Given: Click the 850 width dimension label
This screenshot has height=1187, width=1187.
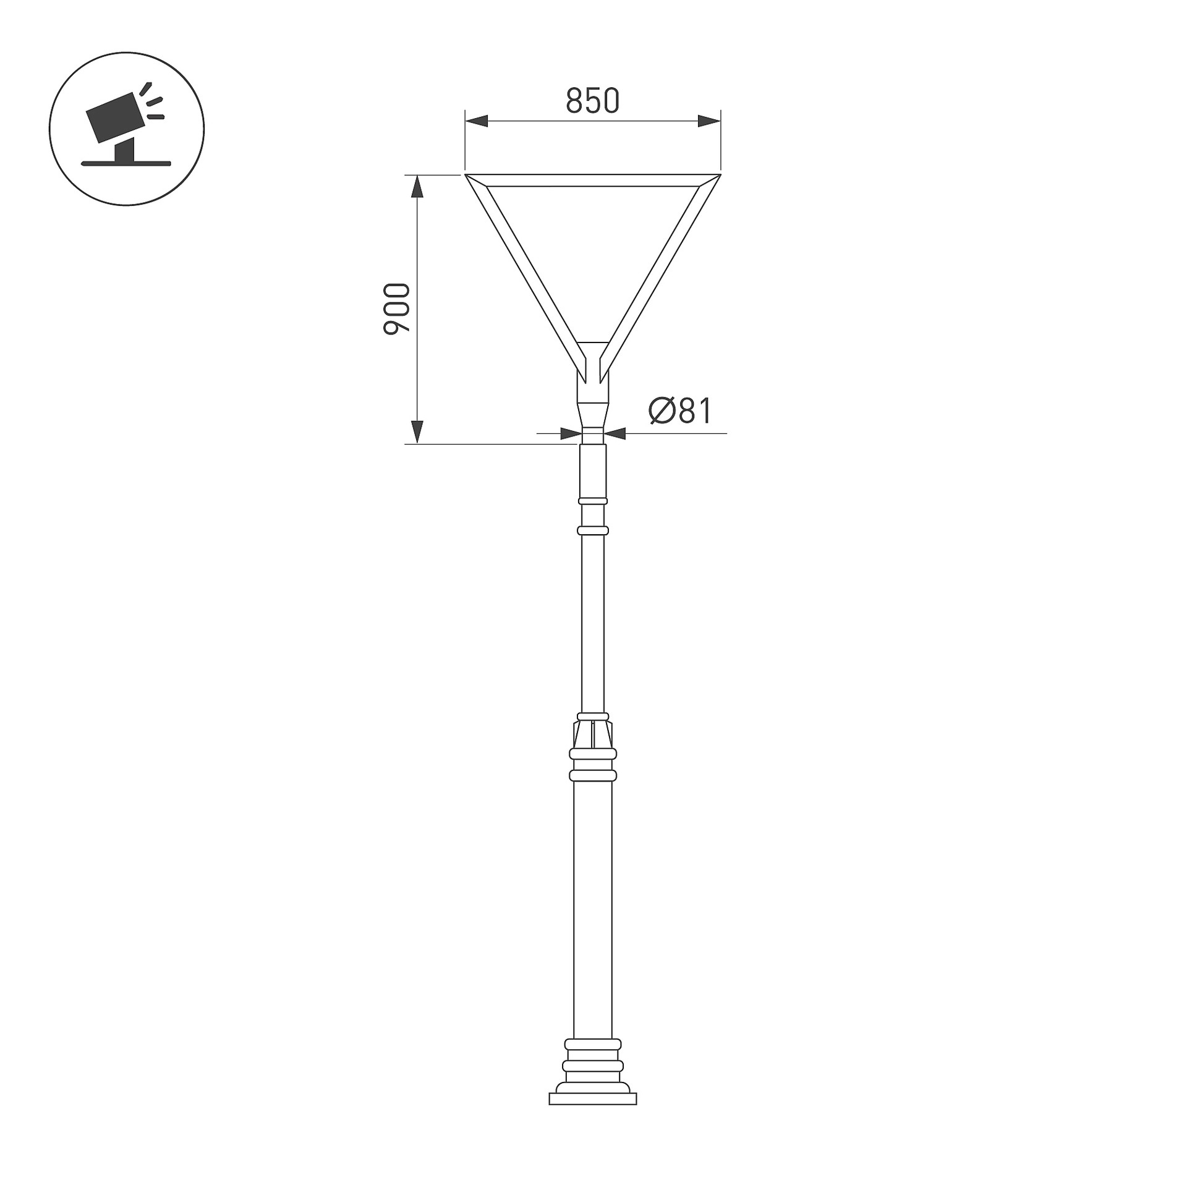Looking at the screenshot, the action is point(592,101).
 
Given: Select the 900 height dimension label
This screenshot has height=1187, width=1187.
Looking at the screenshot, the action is point(396,309).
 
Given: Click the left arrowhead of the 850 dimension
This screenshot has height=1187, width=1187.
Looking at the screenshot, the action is point(477,121).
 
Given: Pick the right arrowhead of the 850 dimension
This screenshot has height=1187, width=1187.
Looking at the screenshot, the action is point(709,121).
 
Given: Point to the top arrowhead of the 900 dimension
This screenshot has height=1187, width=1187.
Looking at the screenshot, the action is point(417,187).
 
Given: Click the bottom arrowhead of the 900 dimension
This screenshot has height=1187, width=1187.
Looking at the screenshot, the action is point(417,432).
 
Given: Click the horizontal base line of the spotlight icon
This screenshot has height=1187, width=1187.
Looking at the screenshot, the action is point(126,164).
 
